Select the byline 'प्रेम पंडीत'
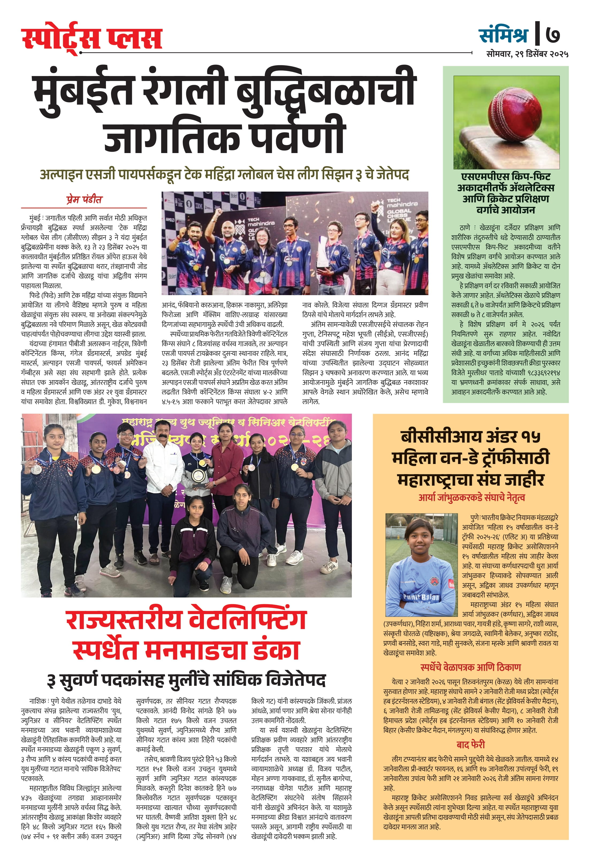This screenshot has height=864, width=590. tap(84, 200)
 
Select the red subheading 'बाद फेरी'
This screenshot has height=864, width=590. tap(470, 744)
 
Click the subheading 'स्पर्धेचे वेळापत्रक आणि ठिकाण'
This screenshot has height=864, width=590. tap(470, 667)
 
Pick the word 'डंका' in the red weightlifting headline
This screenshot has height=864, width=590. tap(276, 650)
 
